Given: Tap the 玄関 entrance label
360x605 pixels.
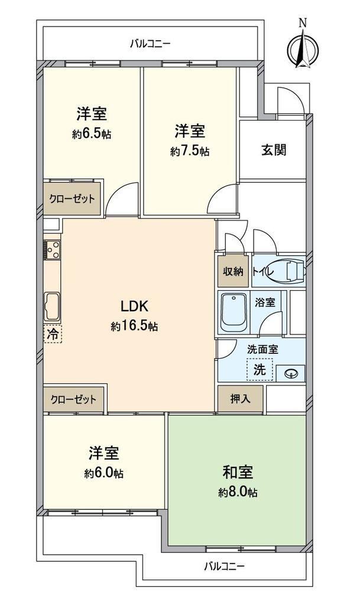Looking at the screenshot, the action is click(274, 149).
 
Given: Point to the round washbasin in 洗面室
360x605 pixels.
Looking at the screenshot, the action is click(290, 373).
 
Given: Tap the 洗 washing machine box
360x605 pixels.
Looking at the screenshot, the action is click(260, 370).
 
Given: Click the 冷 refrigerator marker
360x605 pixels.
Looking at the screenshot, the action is click(53, 334).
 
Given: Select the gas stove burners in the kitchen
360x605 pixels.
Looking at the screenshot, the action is click(52, 249).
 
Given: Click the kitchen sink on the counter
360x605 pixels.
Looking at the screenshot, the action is click(52, 307).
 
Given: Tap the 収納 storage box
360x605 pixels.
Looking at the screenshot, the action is click(233, 272).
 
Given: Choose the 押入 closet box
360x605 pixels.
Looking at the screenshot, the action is click(241, 399).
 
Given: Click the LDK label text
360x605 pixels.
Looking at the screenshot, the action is click(134, 307).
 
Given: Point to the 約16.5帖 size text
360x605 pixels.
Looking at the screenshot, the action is click(134, 326).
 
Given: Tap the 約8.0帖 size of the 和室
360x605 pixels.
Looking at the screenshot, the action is click(238, 492).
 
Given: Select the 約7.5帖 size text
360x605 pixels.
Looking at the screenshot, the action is click(190, 151).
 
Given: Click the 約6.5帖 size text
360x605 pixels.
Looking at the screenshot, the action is click(92, 134).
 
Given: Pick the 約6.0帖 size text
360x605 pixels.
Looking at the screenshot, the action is click(104, 473).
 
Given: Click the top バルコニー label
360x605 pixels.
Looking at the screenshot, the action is click(150, 44).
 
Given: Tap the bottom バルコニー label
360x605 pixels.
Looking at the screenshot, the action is click(224, 567).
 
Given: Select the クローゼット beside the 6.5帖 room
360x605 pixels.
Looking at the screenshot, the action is click(72, 199).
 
